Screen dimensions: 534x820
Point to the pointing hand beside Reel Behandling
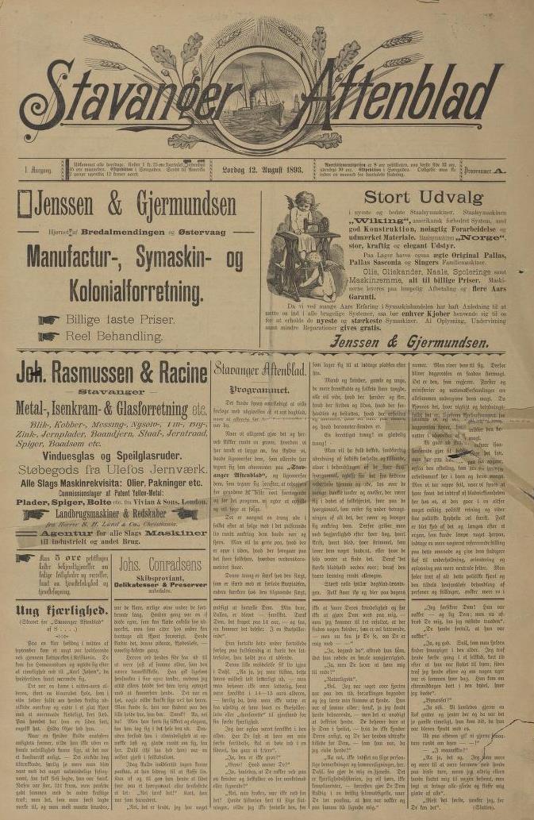click(x=49, y=337)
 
